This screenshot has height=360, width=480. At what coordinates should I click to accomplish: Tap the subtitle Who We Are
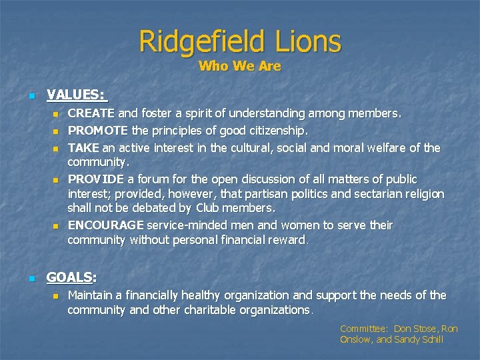point(240,66)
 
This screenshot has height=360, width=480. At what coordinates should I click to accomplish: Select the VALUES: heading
point(77,95)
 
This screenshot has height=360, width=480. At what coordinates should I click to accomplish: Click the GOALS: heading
point(71,277)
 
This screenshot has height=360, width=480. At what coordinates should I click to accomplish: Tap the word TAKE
point(83,147)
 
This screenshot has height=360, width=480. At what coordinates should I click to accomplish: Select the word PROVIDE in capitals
point(97,179)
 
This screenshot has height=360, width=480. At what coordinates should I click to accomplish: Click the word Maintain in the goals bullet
point(91,295)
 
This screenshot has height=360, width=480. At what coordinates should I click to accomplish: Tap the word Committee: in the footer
point(364,329)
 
